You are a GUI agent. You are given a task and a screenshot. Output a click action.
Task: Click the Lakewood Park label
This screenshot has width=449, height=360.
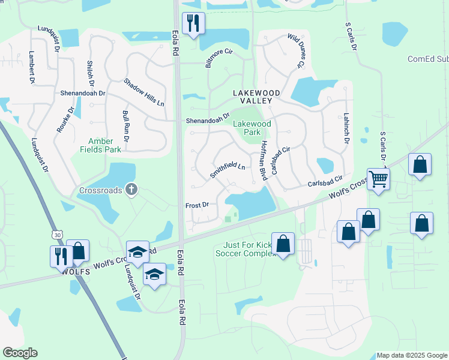click(252, 128)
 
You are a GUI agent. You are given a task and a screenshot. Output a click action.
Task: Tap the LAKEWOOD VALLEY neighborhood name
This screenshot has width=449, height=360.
click(257, 97)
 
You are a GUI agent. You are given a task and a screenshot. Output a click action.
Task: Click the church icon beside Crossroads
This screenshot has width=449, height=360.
click(131, 190)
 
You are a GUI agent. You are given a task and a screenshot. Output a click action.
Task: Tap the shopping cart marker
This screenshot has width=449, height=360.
click(378, 179)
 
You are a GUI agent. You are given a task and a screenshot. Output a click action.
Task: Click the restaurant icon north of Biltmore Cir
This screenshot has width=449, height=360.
click(193, 24)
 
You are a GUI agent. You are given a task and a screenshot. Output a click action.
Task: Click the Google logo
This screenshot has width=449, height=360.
click(20, 353)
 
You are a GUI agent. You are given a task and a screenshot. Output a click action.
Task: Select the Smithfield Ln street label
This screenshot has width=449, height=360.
click(228, 169)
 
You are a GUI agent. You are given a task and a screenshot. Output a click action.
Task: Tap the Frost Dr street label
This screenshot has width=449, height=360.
click(197, 205)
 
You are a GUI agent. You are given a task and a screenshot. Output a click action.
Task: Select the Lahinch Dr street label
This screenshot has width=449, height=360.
click(346, 128)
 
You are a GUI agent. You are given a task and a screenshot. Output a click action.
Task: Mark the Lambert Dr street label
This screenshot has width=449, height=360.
click(32, 67)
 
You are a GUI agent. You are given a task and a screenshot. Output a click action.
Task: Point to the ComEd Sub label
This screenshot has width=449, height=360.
click(427, 59)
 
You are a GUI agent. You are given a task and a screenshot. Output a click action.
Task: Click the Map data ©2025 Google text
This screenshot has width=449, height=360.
click(412, 355)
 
